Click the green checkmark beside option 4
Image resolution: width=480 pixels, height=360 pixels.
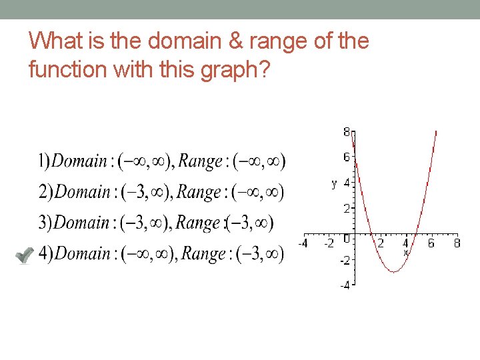[24, 255]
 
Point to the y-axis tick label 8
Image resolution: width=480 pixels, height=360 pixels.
[347, 132]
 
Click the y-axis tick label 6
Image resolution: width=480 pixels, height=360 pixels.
[347, 157]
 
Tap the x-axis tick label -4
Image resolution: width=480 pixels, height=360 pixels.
[303, 243]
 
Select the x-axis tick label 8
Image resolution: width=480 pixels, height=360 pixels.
[457, 243]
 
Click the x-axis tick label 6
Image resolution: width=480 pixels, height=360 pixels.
[431, 243]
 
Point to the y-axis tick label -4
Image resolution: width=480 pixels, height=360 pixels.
[345, 285]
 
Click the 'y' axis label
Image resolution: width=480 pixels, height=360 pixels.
[334, 183]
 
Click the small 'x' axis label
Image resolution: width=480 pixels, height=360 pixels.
[405, 253]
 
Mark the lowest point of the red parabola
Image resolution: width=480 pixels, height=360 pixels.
[393, 272]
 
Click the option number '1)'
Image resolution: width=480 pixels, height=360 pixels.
[44, 161]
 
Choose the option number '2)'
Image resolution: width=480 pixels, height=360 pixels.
[45, 192]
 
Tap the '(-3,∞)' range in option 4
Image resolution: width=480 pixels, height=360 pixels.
[257, 254]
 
